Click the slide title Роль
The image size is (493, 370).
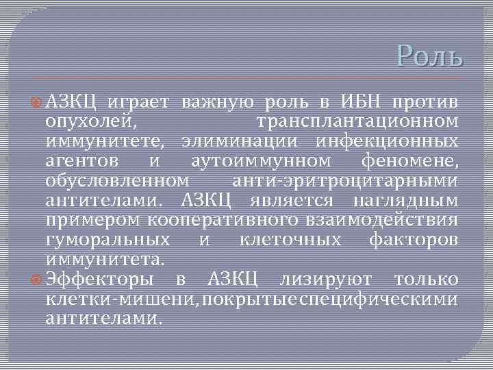[x=430, y=55]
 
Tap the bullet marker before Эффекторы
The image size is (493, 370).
[x=38, y=280]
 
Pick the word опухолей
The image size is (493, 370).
[x=91, y=122]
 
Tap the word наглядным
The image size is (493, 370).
[x=406, y=201]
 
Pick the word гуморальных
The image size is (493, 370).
[x=108, y=240]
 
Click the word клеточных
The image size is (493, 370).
[x=291, y=240]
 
